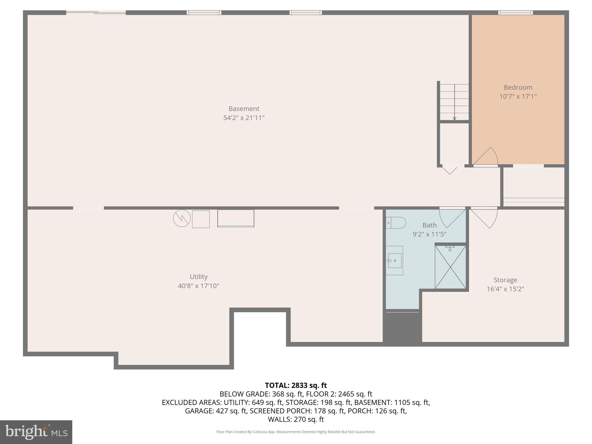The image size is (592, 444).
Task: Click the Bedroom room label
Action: (518, 87)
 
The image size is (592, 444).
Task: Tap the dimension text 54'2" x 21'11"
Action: (244, 118)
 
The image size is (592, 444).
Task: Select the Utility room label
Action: (199, 277)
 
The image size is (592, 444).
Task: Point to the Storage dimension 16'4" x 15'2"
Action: (505, 289)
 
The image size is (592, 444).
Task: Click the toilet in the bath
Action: (396, 223)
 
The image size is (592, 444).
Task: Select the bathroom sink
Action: (395, 261)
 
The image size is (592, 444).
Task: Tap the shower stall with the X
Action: (450, 267)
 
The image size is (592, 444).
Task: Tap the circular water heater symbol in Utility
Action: (182, 218)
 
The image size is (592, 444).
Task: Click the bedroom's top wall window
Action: (515, 13)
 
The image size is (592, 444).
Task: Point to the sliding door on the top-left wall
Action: (96, 12)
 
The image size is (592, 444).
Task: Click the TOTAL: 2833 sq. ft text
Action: (296, 385)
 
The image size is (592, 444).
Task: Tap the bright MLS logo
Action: (36, 432)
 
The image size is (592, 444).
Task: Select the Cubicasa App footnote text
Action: (296, 432)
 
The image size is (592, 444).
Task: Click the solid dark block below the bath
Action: (402, 328)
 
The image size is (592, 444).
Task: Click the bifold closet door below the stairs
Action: (450, 170)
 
